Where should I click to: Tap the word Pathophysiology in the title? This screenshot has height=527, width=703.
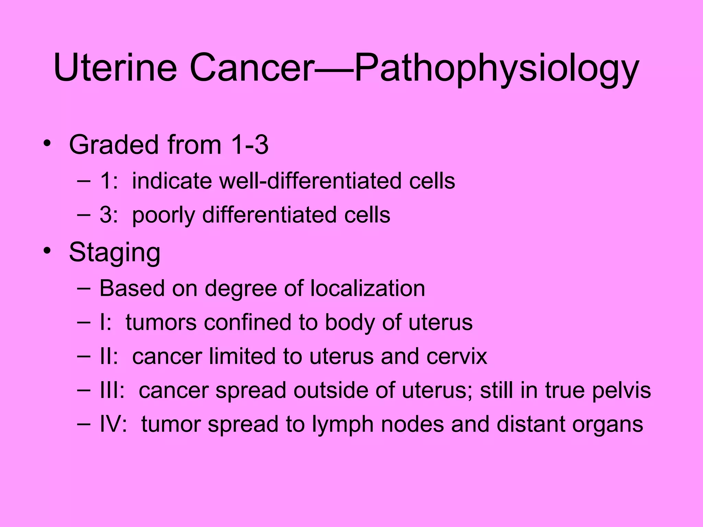496,69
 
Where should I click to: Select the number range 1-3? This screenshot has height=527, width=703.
250,145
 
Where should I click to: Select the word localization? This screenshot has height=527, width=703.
368,288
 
